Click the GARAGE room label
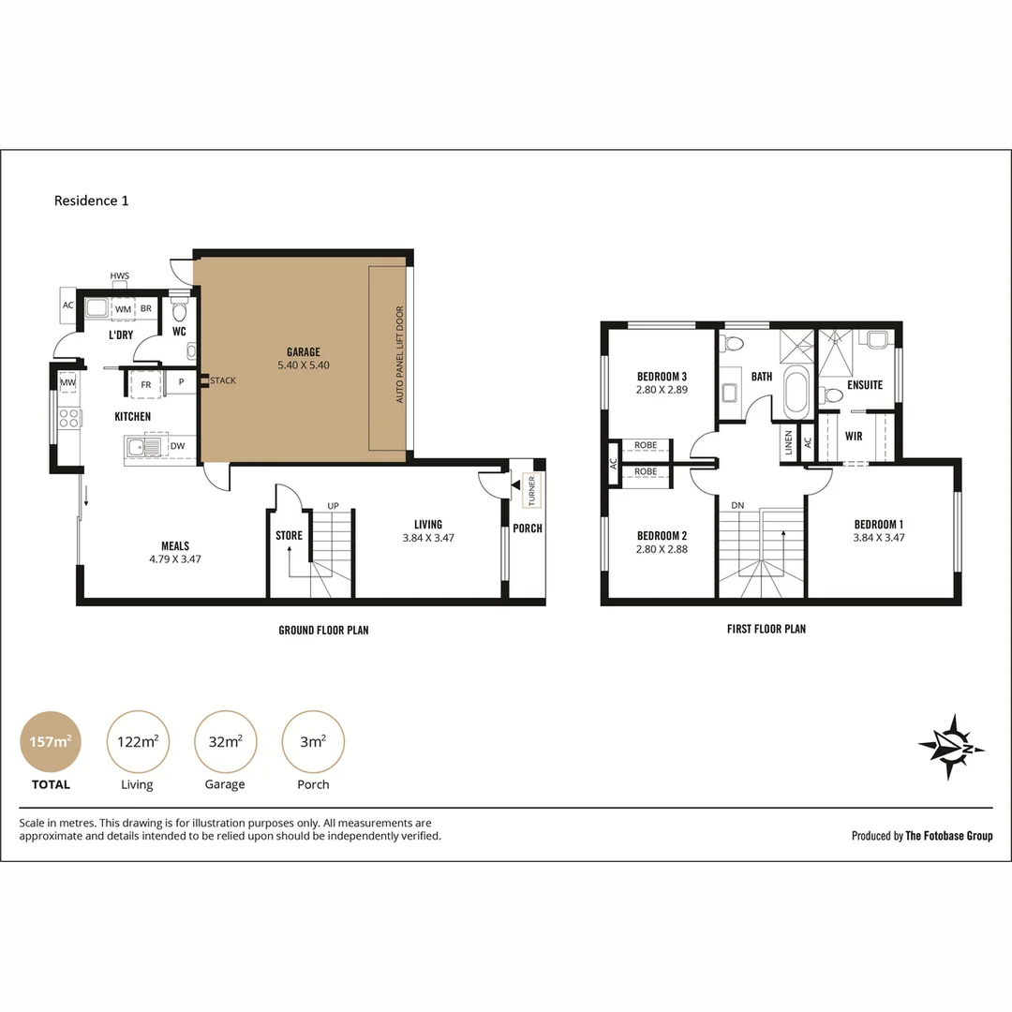(304, 351)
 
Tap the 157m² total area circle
(51, 741)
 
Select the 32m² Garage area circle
(225, 741)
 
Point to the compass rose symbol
(951, 748)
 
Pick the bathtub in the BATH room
(796, 392)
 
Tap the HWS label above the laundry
(119, 275)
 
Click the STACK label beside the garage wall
(223, 380)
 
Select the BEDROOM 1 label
(878, 525)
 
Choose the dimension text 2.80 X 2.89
(662, 390)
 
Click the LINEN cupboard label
(788, 442)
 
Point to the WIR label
(854, 437)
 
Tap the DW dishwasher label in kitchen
(177, 446)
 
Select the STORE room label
(289, 535)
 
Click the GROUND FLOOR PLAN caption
(323, 630)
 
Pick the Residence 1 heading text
(91, 201)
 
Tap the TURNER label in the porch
(532, 490)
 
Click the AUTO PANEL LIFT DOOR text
(399, 354)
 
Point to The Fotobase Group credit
(948, 836)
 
